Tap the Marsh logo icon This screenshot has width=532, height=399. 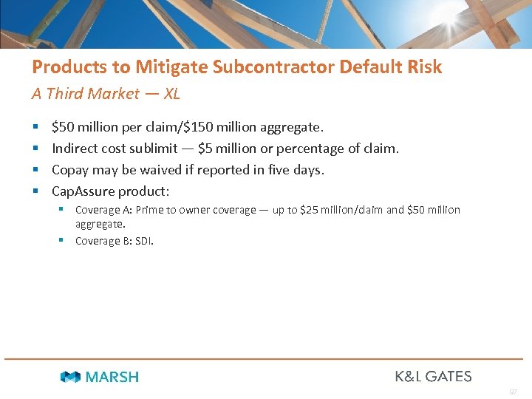70,377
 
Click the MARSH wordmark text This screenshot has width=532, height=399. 112,377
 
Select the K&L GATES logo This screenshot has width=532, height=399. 433,376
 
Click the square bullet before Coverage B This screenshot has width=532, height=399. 63,241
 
